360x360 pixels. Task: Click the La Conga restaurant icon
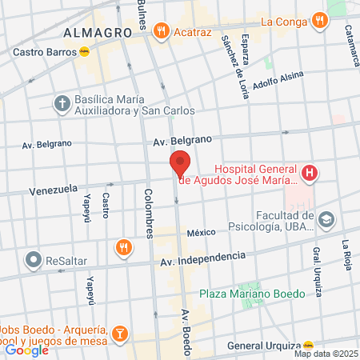point(320,20)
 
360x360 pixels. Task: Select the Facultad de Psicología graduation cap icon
point(326,218)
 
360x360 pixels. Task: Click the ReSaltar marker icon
point(33,260)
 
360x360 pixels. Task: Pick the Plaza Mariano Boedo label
point(252,294)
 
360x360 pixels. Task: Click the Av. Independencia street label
point(202,259)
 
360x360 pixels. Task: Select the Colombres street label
point(148,213)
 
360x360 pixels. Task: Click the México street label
point(202,233)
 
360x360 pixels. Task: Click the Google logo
point(26,350)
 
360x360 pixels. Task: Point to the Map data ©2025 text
point(325,354)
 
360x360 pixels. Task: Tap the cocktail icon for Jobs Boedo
point(118,333)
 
